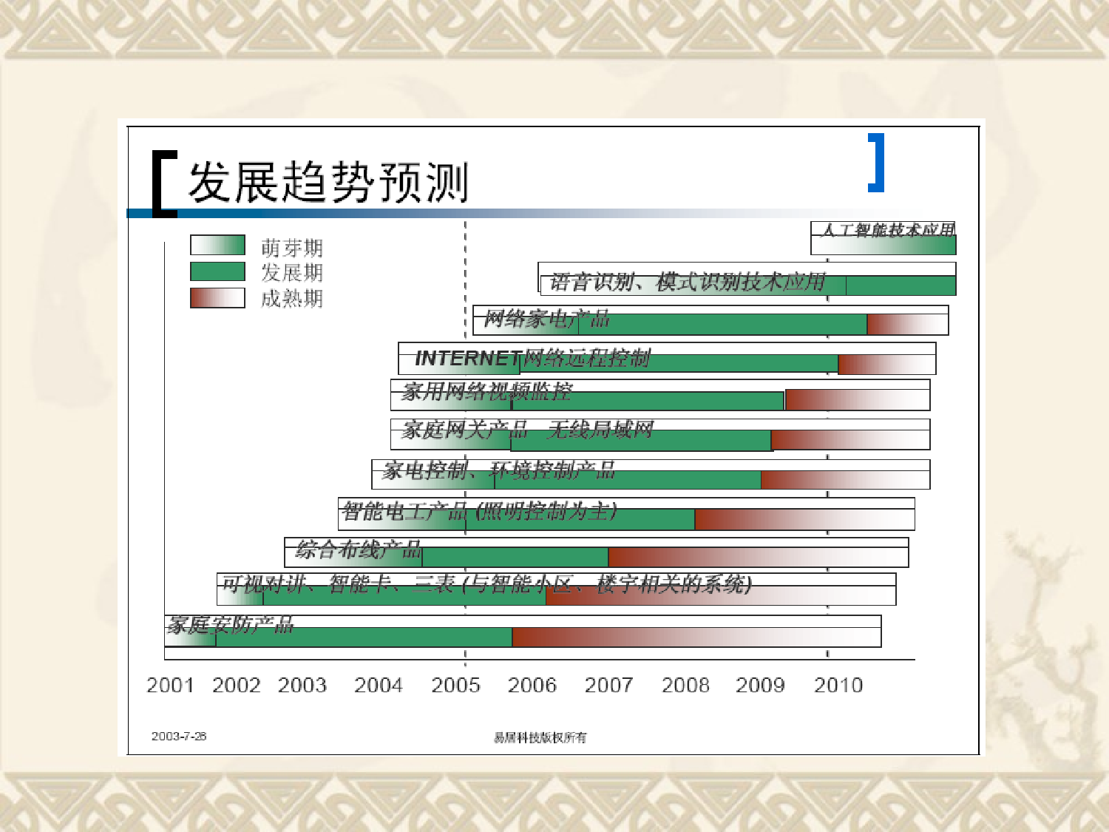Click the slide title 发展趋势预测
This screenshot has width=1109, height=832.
tap(328, 182)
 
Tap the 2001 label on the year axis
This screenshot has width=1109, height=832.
tap(170, 685)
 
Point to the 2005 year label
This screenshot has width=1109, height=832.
tap(455, 685)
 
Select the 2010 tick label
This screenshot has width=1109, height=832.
tap(838, 685)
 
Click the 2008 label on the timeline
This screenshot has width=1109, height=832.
tap(685, 685)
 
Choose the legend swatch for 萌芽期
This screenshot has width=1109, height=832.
tap(217, 246)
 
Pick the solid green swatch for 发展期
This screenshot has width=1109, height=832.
tap(217, 271)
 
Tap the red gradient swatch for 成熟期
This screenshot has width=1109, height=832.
tap(217, 297)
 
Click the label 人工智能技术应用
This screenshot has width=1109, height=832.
tap(888, 230)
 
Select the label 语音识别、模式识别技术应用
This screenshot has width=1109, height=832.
tap(688, 282)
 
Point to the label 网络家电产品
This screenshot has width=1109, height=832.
tap(547, 319)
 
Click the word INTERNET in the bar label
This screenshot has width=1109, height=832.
tap(468, 359)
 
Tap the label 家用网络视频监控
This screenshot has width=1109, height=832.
tap(487, 391)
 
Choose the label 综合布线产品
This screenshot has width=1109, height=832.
tap(359, 549)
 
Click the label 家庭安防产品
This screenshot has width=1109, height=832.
tap(231, 626)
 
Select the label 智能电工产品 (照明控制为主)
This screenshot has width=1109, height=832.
tap(479, 511)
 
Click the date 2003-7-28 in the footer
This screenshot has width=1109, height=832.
tap(179, 736)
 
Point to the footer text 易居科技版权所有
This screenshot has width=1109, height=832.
tap(540, 737)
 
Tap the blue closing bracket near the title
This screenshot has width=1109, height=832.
tap(877, 163)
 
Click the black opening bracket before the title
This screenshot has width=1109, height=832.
tap(163, 184)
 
